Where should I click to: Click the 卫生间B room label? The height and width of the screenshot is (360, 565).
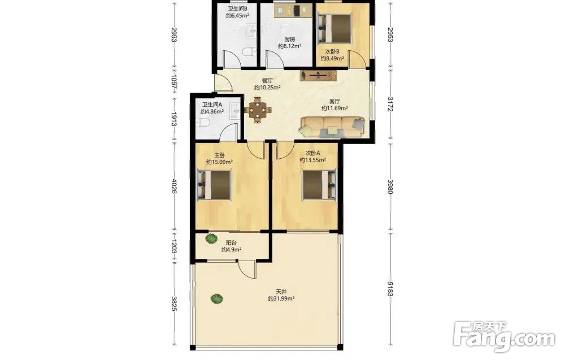coord(237,8)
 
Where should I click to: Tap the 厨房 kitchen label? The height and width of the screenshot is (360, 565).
coord(289,40)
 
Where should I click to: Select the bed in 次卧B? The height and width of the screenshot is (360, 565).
coord(334,28)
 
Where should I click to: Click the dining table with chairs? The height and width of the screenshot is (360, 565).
coord(258,110)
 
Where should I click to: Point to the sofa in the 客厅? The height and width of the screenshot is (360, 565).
coord(333,127)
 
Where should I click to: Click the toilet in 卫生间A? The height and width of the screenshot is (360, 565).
coord(203,123)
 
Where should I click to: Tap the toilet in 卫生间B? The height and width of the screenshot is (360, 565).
coord(249,53)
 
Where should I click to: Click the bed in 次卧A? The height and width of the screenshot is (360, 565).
coord(319,184)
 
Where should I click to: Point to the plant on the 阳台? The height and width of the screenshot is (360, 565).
coord(211,238)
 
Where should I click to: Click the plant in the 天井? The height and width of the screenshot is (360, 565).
coord(216,298)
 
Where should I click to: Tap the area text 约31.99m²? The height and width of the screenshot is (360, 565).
coord(281,299)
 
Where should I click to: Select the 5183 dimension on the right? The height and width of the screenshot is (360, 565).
coord(389,289)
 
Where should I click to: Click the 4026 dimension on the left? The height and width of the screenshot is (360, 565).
coord(174,186)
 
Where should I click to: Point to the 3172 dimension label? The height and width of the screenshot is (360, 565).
coord(389,104)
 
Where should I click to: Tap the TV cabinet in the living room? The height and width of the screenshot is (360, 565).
coord(318,76)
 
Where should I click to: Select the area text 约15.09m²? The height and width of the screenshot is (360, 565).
coord(219,162)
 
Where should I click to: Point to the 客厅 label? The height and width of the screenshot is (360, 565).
coord(334,102)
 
